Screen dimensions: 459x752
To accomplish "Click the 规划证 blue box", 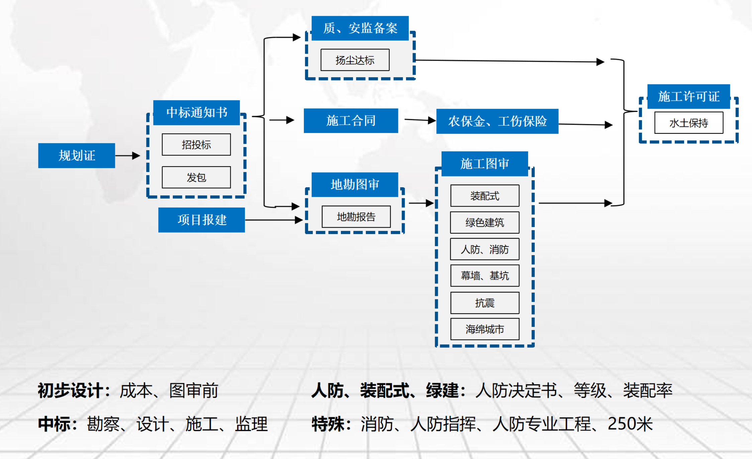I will (x=77, y=155).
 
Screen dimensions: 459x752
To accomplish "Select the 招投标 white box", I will (x=196, y=144).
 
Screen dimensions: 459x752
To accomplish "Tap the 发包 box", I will (x=196, y=177).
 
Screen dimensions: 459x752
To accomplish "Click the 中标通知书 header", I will (x=197, y=112).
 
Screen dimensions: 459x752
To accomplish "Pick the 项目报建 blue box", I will (x=202, y=220).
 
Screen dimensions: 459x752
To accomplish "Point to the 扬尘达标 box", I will (x=355, y=60).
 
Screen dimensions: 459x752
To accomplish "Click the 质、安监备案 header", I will (x=360, y=28).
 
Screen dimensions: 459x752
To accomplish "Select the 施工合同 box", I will (x=351, y=121).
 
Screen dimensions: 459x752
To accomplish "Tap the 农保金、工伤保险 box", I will (x=497, y=121).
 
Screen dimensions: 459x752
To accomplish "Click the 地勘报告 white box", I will (x=356, y=217).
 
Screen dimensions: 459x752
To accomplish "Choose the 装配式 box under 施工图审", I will (x=485, y=196).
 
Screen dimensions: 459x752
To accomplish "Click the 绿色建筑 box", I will (x=485, y=222).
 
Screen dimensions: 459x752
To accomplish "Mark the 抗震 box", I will (x=485, y=303).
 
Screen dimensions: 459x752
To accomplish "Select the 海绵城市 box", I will (x=485, y=329).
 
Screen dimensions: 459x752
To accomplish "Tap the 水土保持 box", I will (x=688, y=123).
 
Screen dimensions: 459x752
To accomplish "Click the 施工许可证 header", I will (x=688, y=96).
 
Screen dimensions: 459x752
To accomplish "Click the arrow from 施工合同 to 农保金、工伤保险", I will (x=420, y=120).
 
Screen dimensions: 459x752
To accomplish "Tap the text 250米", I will (x=630, y=424).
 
